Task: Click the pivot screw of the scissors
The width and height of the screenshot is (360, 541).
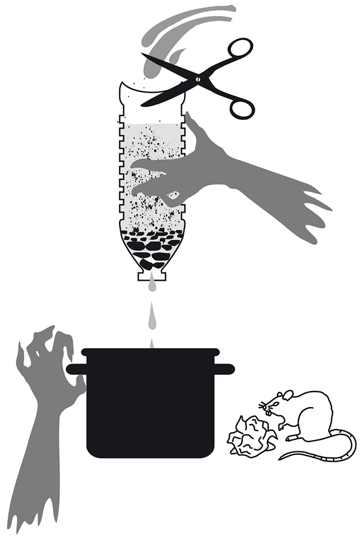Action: click(x=195, y=79)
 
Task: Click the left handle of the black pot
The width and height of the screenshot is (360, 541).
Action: click(x=75, y=369)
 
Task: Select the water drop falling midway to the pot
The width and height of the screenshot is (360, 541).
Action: click(x=151, y=317)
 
